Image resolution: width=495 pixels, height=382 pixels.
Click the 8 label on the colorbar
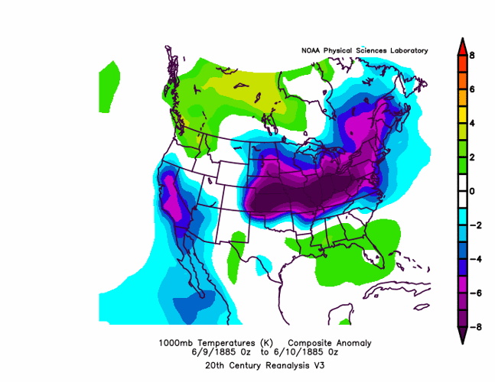click(473, 55)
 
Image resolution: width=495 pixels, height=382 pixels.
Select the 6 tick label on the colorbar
click(473, 89)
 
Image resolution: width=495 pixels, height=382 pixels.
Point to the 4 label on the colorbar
click(473, 123)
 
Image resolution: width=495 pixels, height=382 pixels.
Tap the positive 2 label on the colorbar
click(473, 157)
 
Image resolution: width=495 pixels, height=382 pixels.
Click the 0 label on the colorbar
click(473, 191)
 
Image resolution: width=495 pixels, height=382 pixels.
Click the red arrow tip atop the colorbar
click(462, 44)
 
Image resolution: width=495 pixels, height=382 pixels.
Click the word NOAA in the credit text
click(313, 51)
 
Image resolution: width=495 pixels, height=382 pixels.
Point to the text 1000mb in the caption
click(175, 342)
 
